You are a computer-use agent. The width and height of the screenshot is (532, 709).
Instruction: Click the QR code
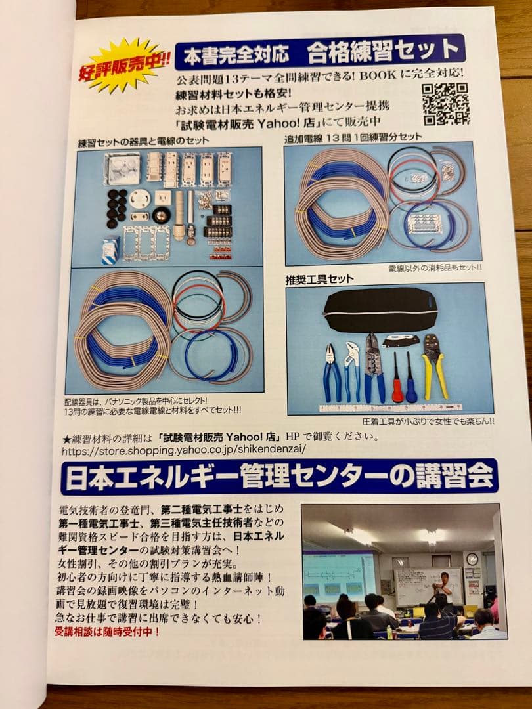click(445, 104)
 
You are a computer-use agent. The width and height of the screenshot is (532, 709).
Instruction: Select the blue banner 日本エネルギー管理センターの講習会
click(279, 477)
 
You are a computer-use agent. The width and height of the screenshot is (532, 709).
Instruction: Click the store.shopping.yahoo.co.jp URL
click(184, 451)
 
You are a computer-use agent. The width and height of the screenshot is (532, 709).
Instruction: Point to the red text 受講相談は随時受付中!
click(106, 632)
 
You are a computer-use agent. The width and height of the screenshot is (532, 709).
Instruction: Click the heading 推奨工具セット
click(319, 279)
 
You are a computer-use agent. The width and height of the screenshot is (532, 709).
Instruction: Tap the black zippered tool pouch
click(380, 310)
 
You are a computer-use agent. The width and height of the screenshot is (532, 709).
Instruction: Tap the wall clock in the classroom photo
click(472, 559)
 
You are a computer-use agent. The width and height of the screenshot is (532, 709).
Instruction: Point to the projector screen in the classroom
click(339, 574)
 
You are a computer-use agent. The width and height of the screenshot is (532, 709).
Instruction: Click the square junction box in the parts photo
click(122, 168)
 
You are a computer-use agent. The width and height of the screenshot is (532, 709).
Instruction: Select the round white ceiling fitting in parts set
click(139, 198)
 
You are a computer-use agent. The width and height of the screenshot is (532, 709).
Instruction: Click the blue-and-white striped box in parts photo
click(110, 249)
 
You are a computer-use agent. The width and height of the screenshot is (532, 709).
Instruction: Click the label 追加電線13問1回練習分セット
click(352, 138)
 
